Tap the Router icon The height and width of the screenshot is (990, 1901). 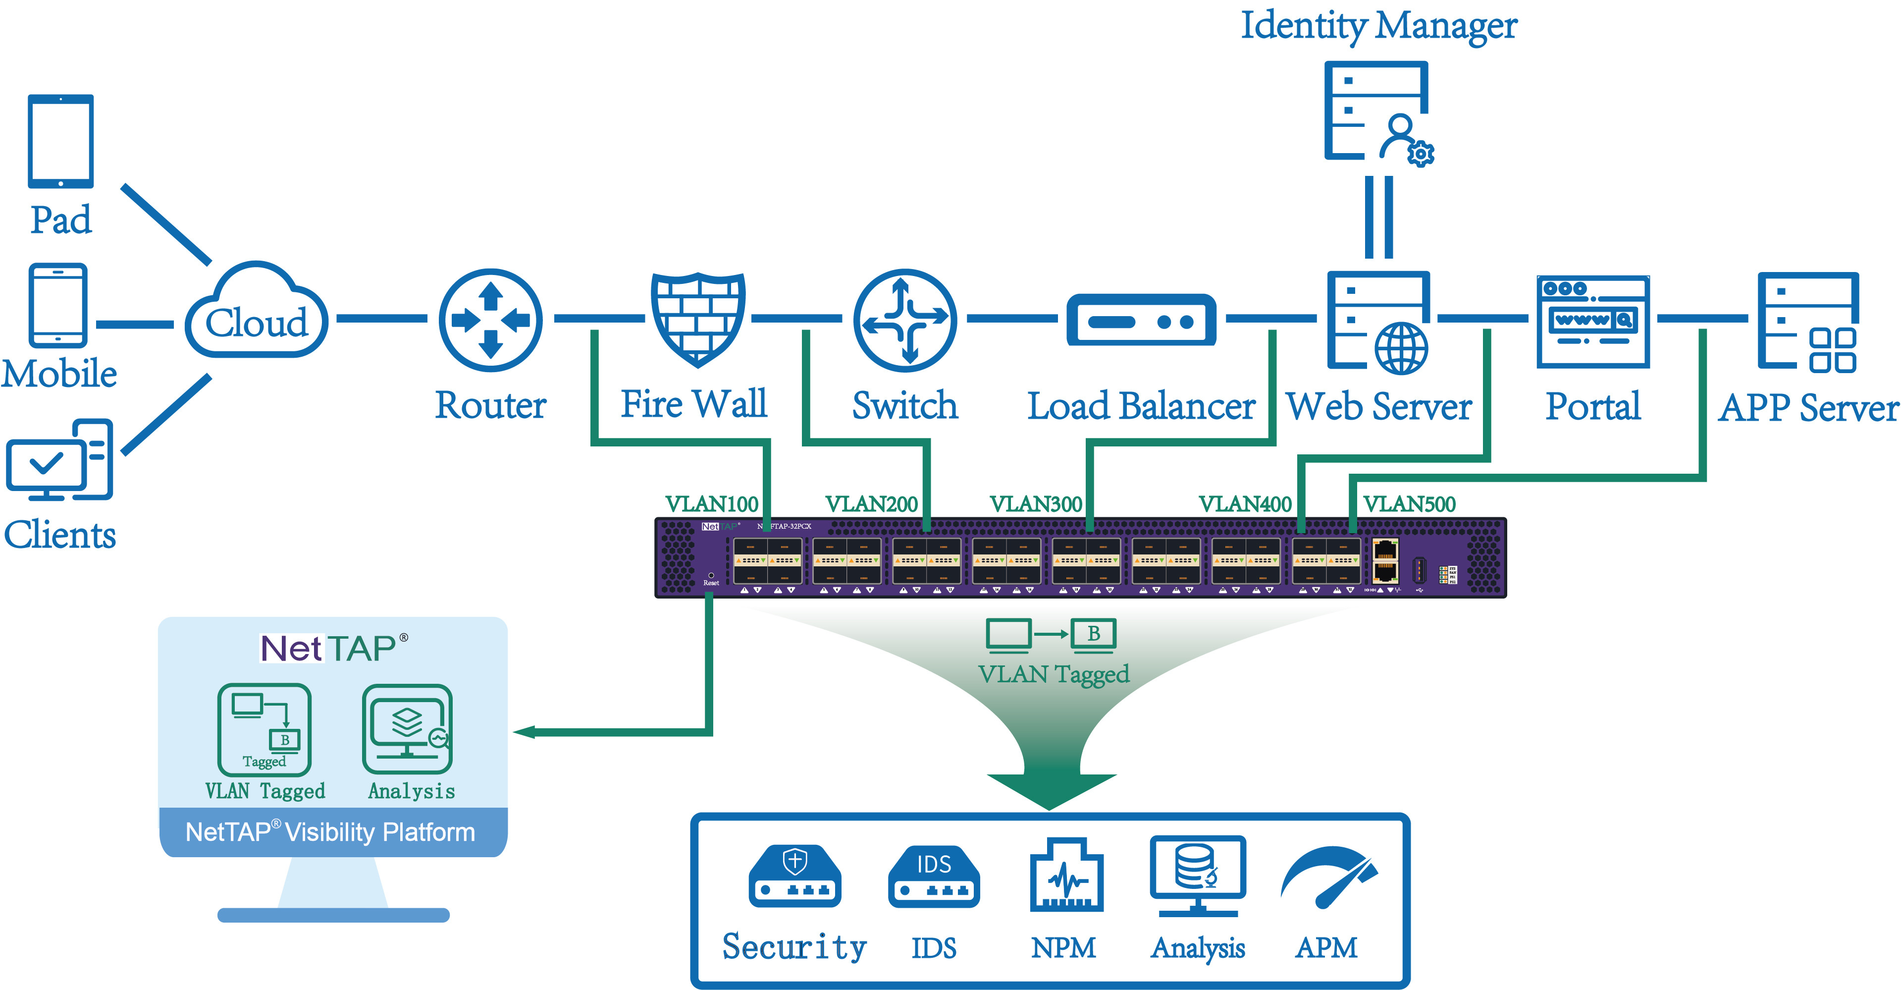pos(491,320)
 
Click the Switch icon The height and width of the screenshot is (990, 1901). pos(905,320)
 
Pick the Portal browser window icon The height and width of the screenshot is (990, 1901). pos(1592,321)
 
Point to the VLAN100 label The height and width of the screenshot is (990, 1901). pos(711,504)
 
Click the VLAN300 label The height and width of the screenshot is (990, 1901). pos(1035,504)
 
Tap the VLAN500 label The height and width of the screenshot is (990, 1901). pos(1409,504)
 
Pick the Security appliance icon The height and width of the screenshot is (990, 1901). pos(795,877)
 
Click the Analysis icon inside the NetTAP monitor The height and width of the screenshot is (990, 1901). pos(407,729)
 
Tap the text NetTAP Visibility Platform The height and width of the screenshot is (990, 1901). pos(330,832)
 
